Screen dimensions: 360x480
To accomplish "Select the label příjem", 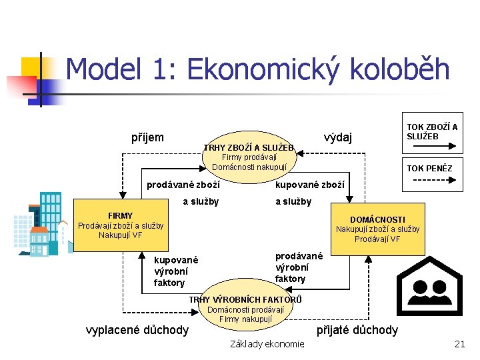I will click(147, 137).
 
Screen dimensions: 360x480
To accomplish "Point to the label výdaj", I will click(337, 137).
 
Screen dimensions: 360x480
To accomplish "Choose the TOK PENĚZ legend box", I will click(429, 168).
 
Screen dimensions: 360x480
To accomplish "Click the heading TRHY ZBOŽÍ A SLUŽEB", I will click(249, 147).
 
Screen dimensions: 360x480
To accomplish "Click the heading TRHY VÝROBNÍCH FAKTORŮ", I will click(245, 299).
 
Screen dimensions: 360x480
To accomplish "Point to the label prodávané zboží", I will click(183, 183).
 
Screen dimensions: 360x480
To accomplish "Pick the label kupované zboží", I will click(310, 183).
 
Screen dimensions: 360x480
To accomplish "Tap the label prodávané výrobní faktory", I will click(299, 267).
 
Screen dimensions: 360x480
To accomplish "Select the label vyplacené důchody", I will click(138, 329).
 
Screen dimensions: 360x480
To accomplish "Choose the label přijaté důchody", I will click(357, 329).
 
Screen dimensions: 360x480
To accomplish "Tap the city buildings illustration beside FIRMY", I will click(40, 223).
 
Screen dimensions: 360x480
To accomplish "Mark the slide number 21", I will click(459, 344).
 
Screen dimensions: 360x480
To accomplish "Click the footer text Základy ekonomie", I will click(267, 344).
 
